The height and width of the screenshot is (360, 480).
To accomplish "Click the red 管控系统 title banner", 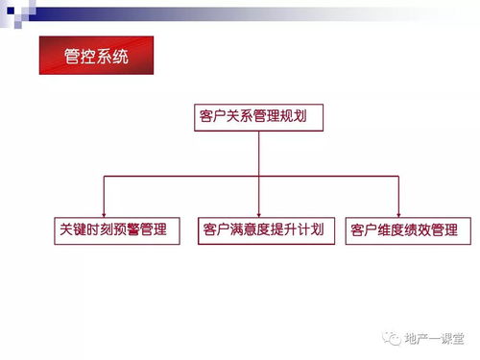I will [95, 56].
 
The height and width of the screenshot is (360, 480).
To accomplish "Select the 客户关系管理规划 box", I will [258, 118].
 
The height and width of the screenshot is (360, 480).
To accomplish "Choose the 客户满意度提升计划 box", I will [262, 230].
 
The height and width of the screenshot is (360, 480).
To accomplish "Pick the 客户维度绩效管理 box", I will [408, 230].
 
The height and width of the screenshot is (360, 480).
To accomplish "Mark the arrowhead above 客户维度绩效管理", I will [398, 213].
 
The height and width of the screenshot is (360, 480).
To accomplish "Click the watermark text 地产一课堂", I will [433, 337].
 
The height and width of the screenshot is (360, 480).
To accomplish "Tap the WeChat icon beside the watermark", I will [393, 337].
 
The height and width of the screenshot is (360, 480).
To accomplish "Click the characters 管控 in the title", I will [79, 56].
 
